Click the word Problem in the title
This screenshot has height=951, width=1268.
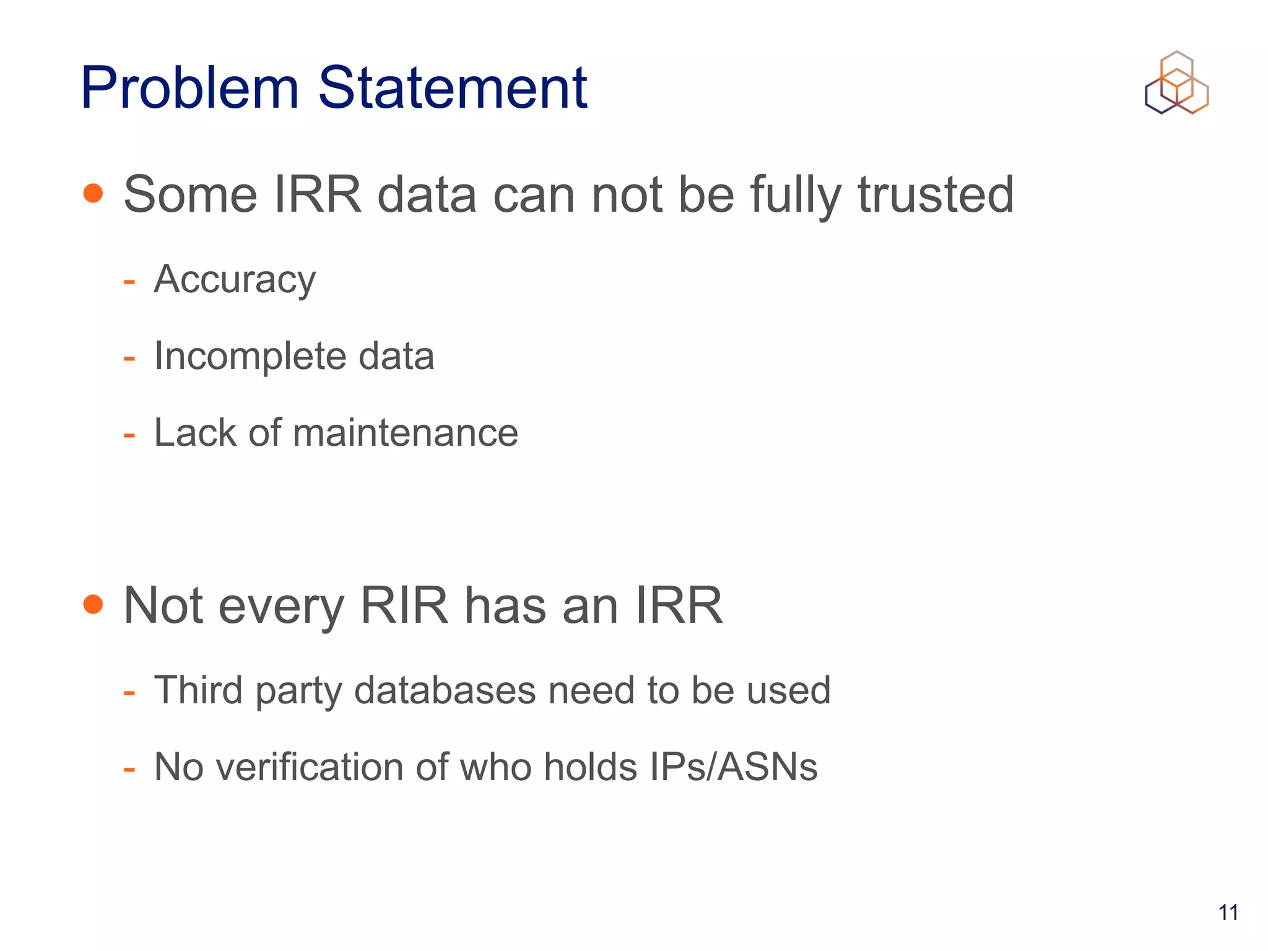pyautogui.click(x=189, y=88)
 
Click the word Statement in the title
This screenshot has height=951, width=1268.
pyautogui.click(x=453, y=88)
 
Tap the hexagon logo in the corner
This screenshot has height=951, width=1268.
pyautogui.click(x=1176, y=83)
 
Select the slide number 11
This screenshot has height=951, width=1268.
pyautogui.click(x=1228, y=912)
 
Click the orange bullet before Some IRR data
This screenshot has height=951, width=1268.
pyautogui.click(x=93, y=193)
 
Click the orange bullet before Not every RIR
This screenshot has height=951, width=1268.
pyautogui.click(x=93, y=604)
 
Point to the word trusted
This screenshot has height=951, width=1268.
pyautogui.click(x=936, y=194)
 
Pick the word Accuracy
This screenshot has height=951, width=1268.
pyautogui.click(x=235, y=280)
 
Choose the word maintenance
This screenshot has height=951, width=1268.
pyautogui.click(x=406, y=433)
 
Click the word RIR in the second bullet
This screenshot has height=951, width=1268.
pyautogui.click(x=404, y=605)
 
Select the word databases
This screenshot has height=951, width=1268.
pyautogui.click(x=445, y=690)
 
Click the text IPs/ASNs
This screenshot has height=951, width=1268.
pyautogui.click(x=734, y=767)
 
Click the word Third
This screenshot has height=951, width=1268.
pyautogui.click(x=198, y=690)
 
